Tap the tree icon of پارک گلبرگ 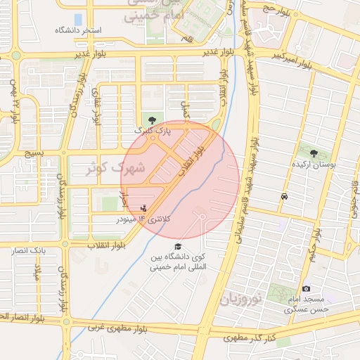(152, 120)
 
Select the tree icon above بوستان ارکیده (314, 153)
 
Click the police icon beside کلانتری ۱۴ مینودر (144, 207)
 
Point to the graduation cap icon (178, 246)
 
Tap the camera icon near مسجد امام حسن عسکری (306, 289)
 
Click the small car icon (283, 196)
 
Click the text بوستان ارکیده (315, 163)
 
